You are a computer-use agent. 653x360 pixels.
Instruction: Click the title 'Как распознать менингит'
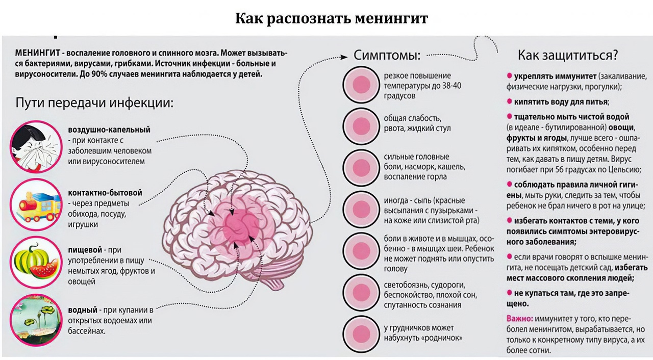tap(332, 18)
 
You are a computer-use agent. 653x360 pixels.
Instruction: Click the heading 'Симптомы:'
tap(387, 55)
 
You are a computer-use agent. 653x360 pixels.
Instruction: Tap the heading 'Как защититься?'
tap(568, 54)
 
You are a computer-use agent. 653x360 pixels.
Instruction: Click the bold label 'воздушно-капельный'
tap(109, 130)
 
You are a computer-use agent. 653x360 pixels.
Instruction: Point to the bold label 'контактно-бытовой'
tap(105, 193)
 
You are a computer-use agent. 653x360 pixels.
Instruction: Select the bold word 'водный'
tap(83, 310)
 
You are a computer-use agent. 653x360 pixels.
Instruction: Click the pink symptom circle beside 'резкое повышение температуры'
tap(361, 85)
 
